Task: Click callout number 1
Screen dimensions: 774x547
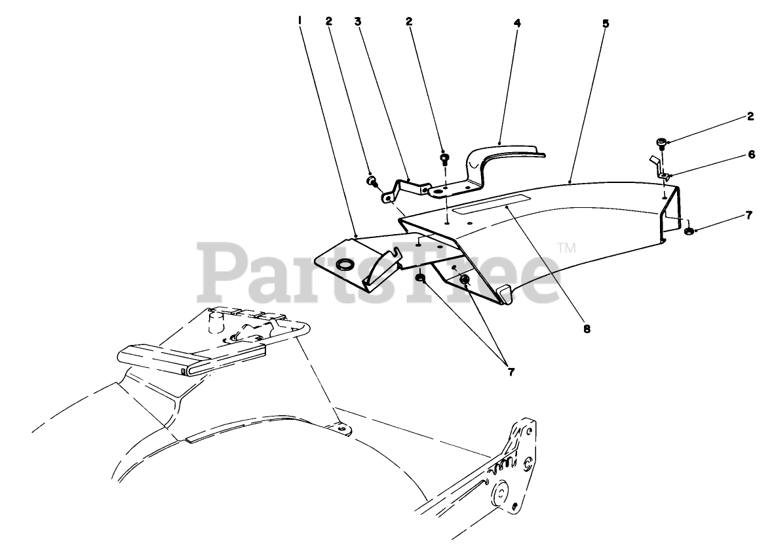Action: tap(300, 21)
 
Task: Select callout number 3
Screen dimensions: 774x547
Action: tap(358, 22)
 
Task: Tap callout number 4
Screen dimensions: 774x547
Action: tap(517, 22)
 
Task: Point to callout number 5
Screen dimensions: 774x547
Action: tap(606, 23)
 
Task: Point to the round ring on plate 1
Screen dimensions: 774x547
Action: tap(343, 265)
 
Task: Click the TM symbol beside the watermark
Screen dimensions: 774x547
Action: tap(566, 248)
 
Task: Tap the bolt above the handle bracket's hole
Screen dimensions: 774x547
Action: tap(445, 157)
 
